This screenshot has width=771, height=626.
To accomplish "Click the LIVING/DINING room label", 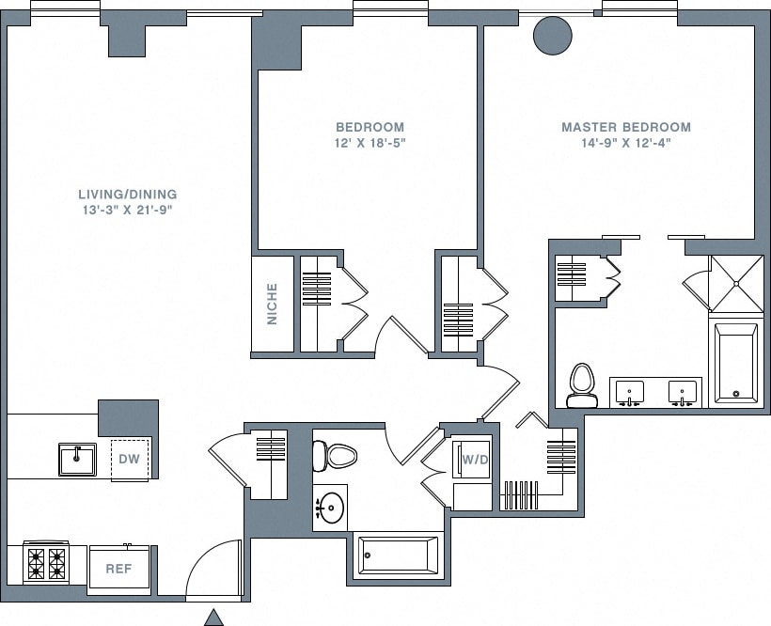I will (x=127, y=195).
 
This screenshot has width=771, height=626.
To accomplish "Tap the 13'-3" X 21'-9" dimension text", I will (x=127, y=211).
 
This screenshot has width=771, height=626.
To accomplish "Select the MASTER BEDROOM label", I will (x=625, y=127).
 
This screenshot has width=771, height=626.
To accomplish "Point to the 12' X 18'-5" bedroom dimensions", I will (x=370, y=143).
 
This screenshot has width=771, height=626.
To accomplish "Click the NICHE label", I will (x=273, y=304).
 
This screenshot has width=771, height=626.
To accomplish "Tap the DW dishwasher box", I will (x=129, y=460).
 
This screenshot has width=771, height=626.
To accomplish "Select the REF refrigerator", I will (x=118, y=569).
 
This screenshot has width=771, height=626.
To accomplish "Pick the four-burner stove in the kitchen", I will (x=46, y=564).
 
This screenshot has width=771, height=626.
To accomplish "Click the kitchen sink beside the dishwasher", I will (x=76, y=460).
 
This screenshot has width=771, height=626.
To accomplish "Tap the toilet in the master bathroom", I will (x=582, y=385).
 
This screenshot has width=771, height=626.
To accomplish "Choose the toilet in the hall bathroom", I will (x=338, y=457).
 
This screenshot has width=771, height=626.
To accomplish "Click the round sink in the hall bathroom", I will (x=329, y=509).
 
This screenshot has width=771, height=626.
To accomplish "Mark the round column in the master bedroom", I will (x=552, y=36).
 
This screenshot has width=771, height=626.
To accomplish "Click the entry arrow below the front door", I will (x=214, y=617).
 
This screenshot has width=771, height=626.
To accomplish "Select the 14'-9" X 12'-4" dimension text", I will (x=625, y=143).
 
